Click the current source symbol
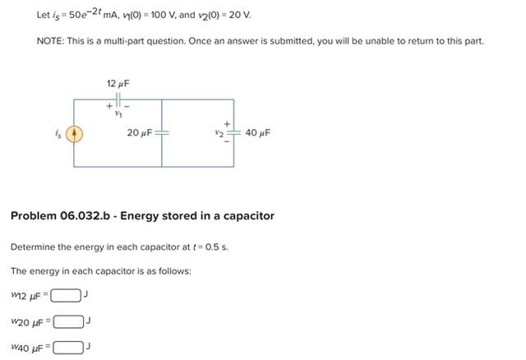(x=74, y=133)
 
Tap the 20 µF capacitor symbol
(x=162, y=133)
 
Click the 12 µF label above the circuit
(x=118, y=84)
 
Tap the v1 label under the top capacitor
(x=118, y=116)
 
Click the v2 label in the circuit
(x=219, y=133)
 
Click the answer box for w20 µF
(x=69, y=321)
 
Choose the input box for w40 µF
(x=67, y=347)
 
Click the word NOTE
(x=51, y=40)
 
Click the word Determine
(x=34, y=247)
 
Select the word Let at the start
(x=44, y=15)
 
